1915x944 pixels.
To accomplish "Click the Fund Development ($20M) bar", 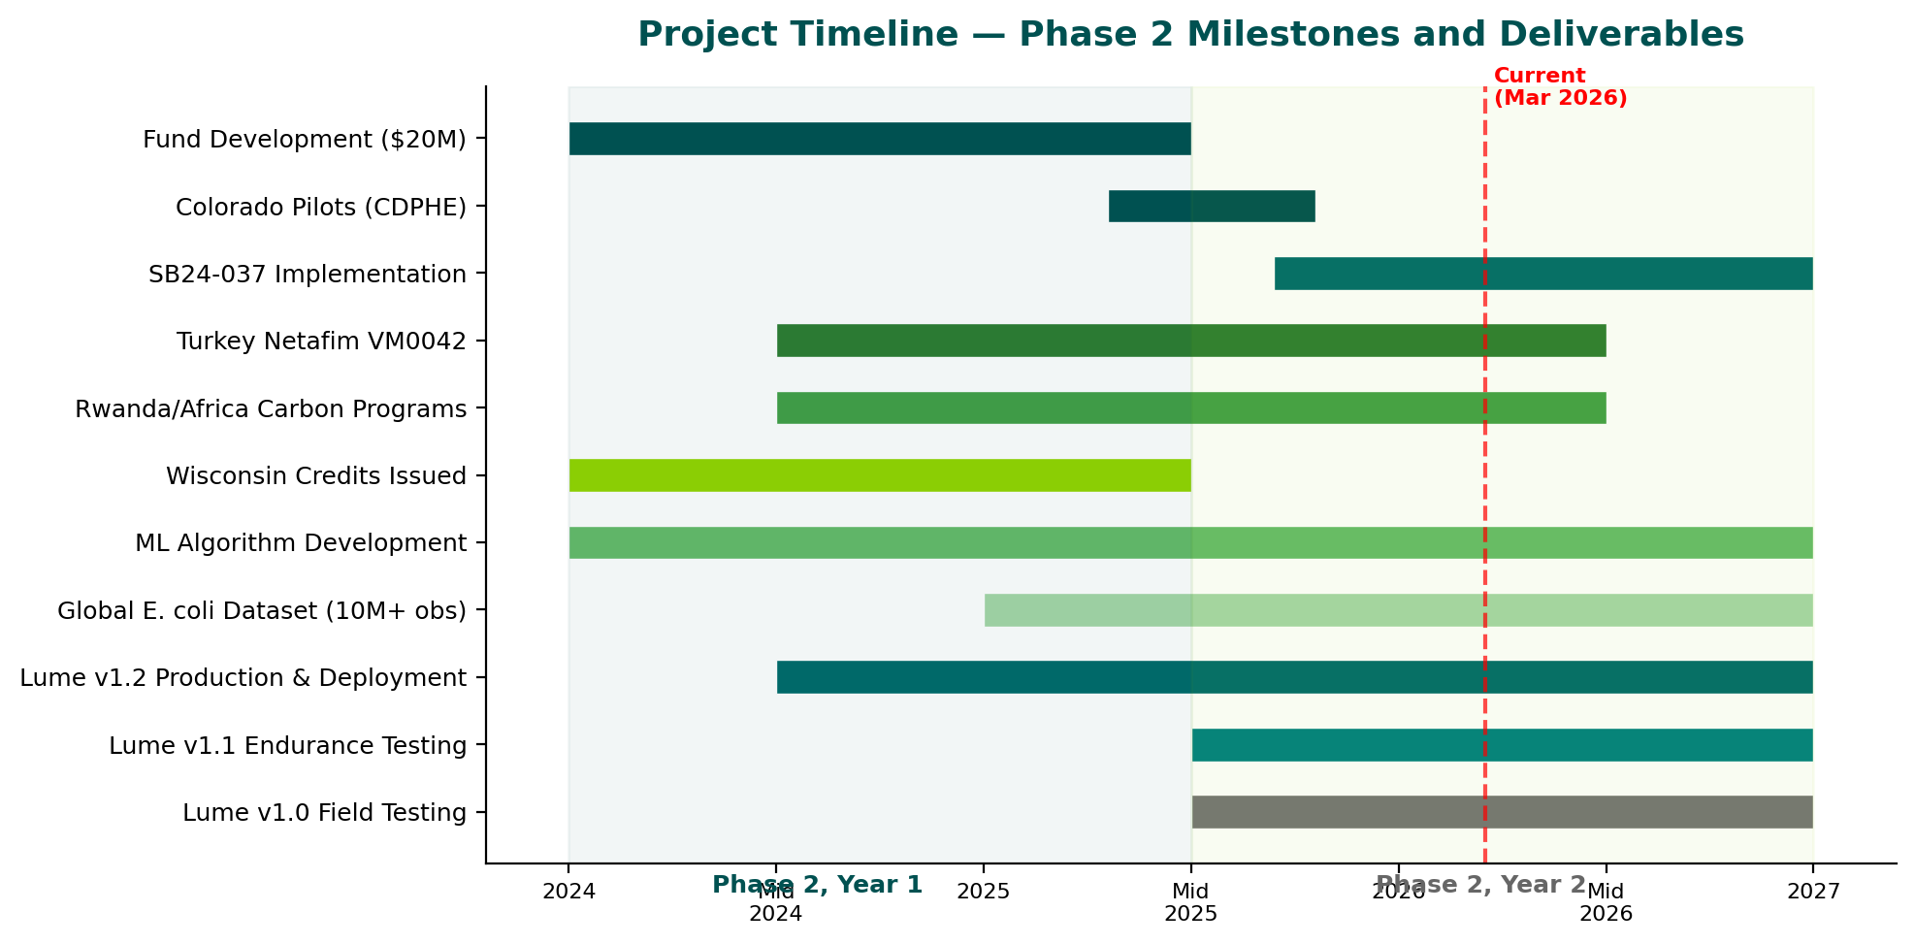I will [879, 139].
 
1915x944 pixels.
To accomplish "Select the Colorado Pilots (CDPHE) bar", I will [1212, 207].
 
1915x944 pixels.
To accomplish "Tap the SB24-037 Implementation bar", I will [1542, 274].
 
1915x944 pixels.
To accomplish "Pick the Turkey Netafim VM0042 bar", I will [1190, 341].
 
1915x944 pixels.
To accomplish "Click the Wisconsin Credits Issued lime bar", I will [879, 475].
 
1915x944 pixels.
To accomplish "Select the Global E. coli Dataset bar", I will [1398, 610].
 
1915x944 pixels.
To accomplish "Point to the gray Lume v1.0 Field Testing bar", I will [1502, 812].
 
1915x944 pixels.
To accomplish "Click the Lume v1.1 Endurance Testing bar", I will [1502, 745].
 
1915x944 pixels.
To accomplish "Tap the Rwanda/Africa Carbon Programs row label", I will [271, 409].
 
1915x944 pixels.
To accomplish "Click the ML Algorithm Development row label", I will [301, 543].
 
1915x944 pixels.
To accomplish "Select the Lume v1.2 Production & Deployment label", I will [243, 678].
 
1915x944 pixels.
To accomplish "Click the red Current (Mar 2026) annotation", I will [1559, 87].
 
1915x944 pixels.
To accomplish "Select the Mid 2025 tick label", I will [1190, 902].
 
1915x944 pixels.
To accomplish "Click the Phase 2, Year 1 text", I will [817, 885].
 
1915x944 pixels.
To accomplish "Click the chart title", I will [1190, 35].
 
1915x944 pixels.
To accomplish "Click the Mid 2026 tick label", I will [1606, 902].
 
